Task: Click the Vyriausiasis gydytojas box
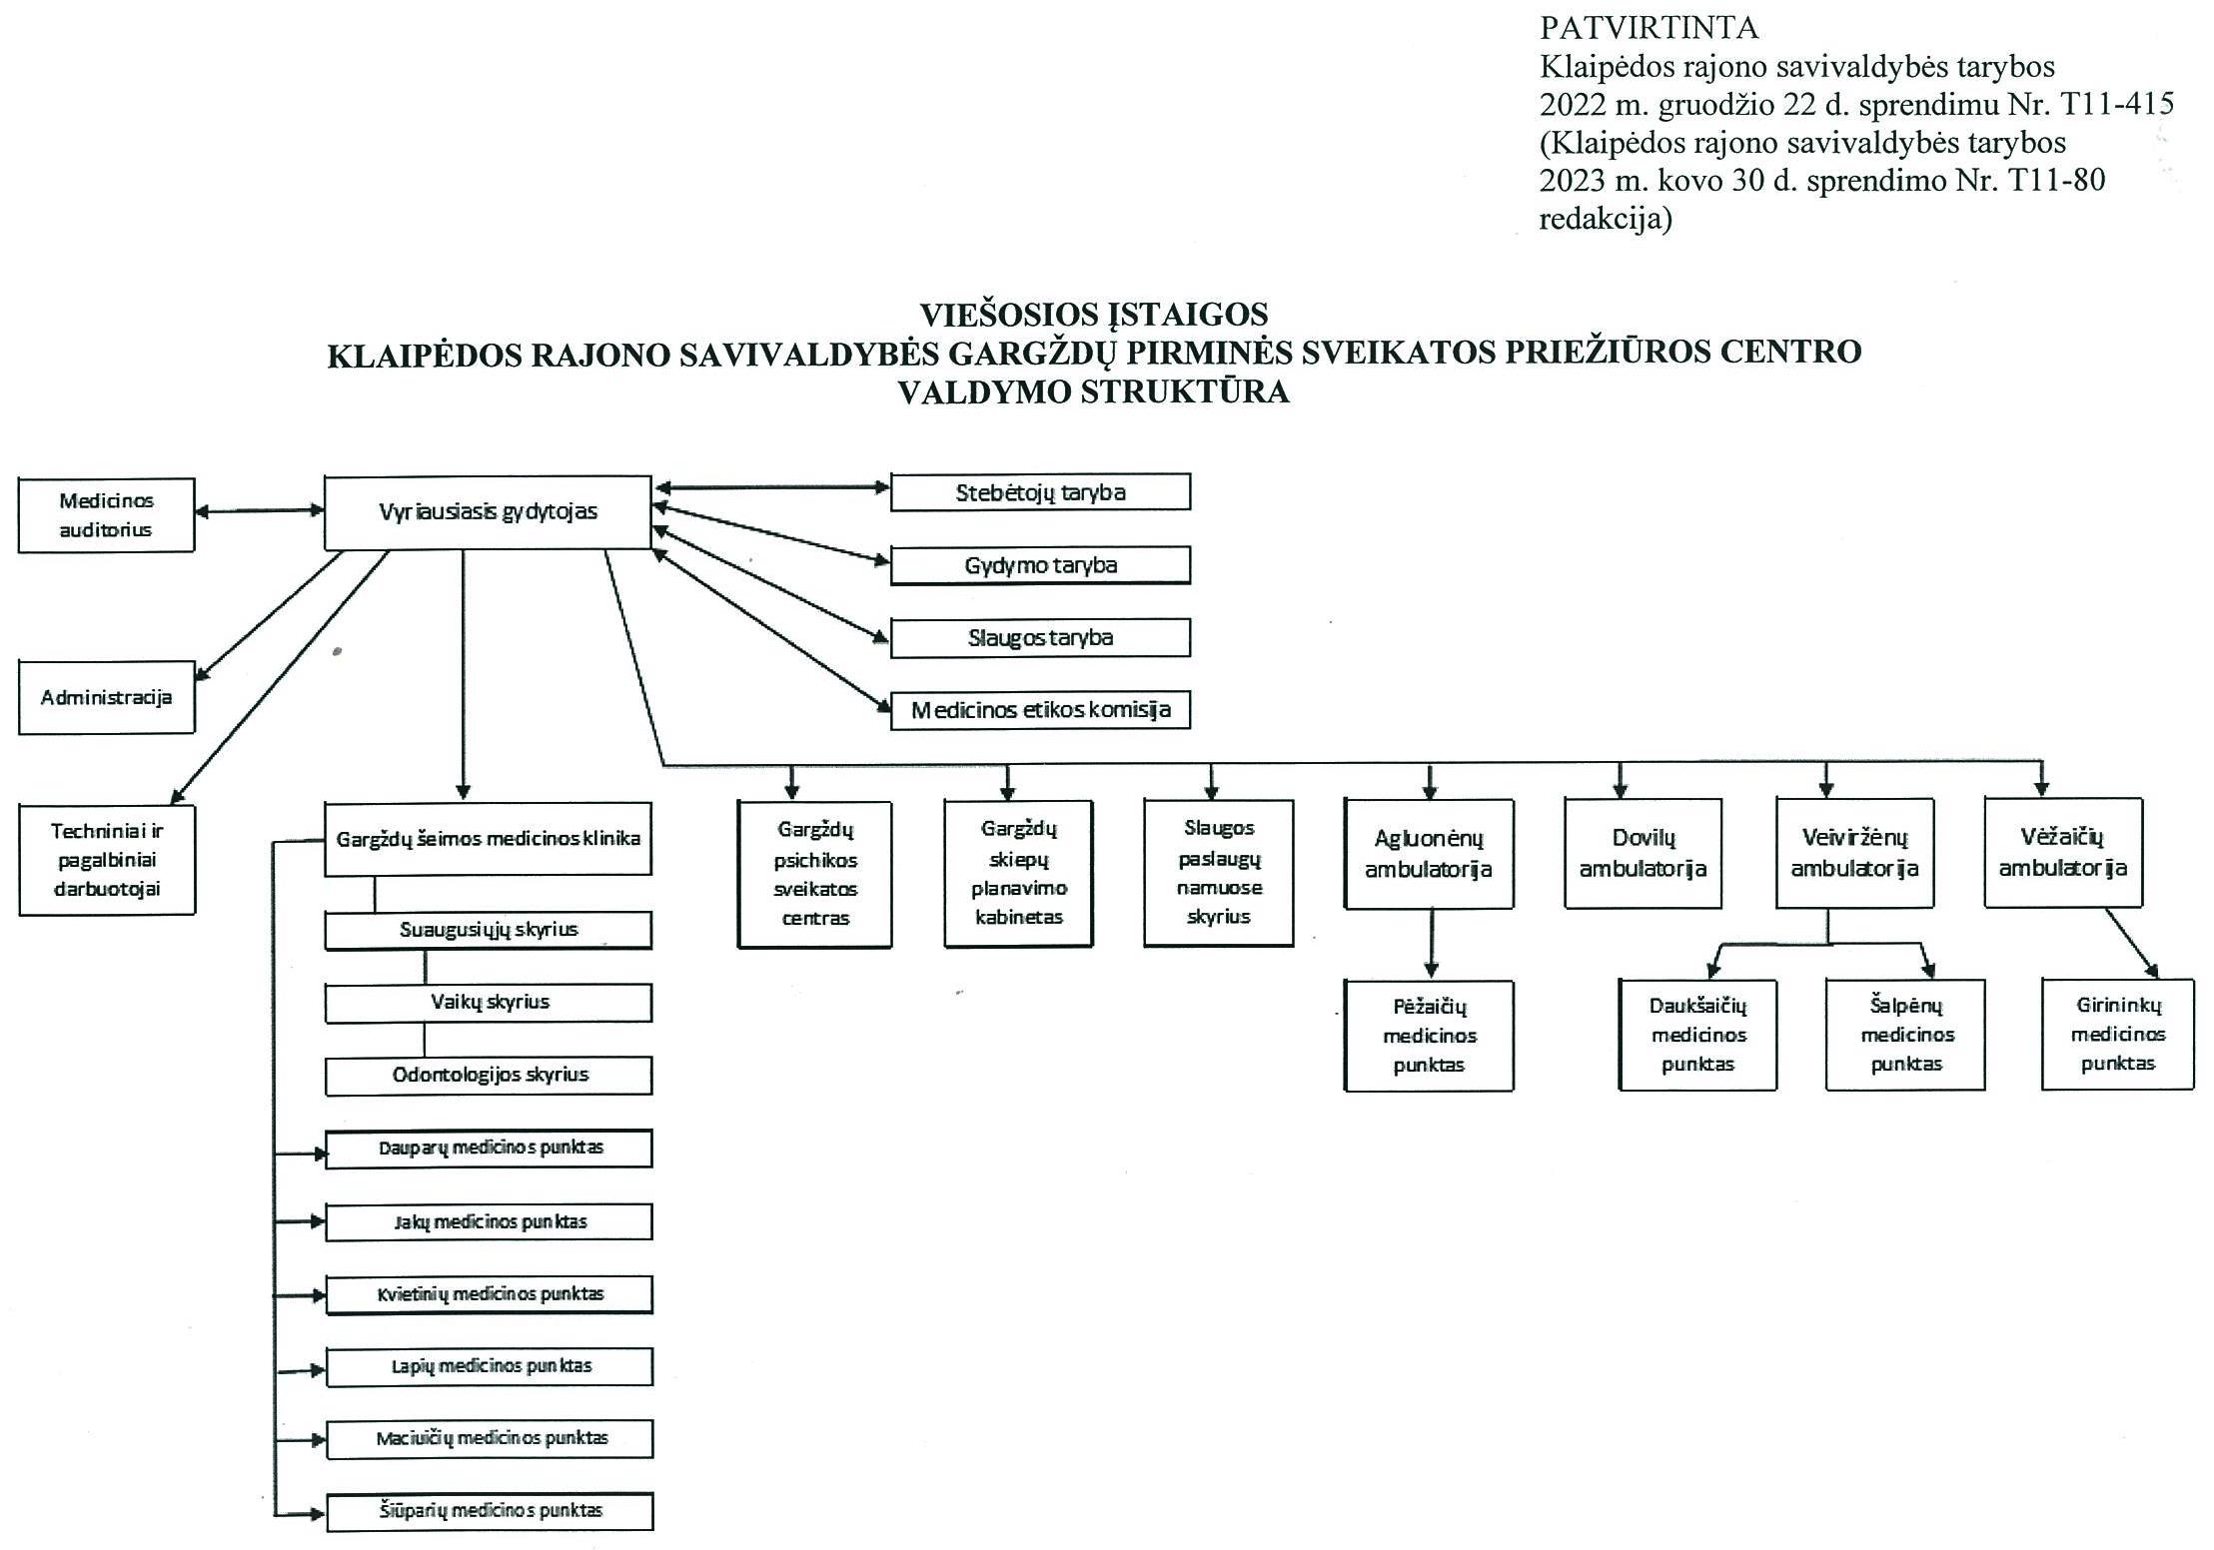point(488,512)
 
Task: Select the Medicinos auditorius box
point(106,515)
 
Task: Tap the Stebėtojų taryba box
point(1040,492)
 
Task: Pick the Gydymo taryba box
point(1040,565)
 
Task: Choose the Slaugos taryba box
point(1040,638)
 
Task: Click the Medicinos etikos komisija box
point(1040,710)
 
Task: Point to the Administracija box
point(106,697)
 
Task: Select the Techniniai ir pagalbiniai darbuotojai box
point(107,860)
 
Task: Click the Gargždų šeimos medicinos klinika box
point(488,839)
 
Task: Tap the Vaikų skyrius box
point(489,1003)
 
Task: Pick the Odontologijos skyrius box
point(489,1076)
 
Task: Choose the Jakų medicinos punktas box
point(489,1221)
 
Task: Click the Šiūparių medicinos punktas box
point(490,1511)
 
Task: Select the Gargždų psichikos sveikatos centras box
point(814,874)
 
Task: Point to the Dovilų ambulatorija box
point(1643,853)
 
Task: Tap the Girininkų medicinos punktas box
point(2117,1034)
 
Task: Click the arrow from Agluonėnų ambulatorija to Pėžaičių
point(1431,943)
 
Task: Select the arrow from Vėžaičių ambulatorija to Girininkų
point(2132,943)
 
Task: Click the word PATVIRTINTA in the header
point(1649,27)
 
